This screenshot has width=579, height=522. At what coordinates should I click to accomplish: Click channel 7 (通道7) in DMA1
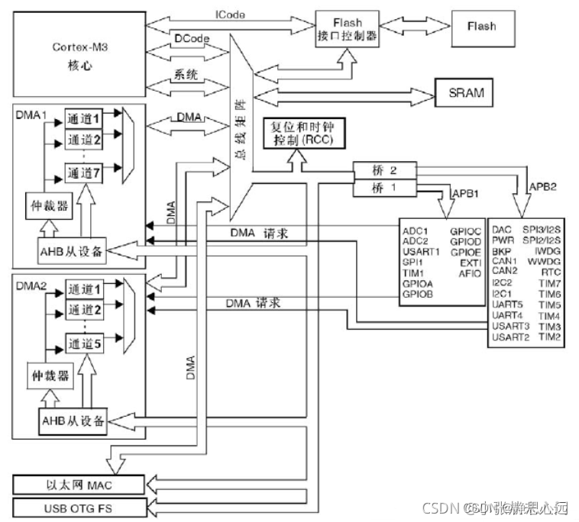coord(85,172)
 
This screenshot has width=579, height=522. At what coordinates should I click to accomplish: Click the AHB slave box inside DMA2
coord(73,420)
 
